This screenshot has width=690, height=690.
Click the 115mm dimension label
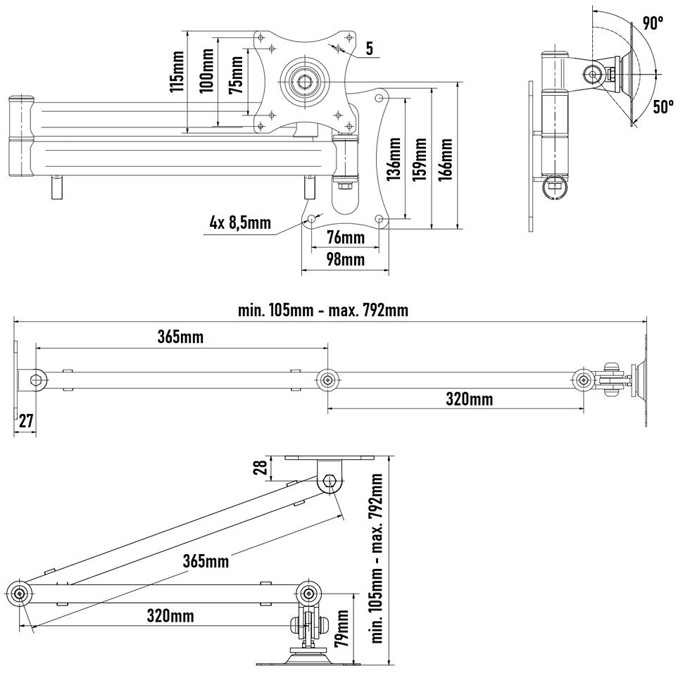click(177, 72)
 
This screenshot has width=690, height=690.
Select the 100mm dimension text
click(206, 70)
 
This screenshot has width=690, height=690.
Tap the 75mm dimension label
click(236, 75)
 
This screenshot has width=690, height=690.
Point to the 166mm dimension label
click(445, 159)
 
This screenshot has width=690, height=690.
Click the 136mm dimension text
click(394, 159)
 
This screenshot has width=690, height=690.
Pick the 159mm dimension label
click(420, 159)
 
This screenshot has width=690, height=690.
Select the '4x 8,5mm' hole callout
click(240, 222)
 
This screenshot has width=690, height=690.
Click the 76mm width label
click(346, 238)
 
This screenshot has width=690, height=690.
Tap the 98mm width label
click(346, 259)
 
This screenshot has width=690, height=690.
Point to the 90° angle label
click(653, 23)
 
